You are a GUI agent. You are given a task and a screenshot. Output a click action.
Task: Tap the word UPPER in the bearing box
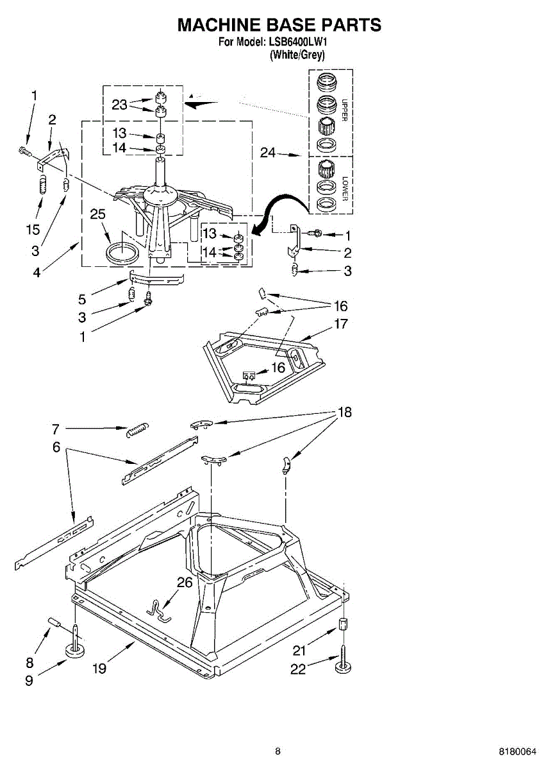coord(344,110)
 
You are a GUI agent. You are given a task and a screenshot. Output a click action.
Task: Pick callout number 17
coord(341,324)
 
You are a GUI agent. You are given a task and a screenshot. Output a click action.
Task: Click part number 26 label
coord(185,582)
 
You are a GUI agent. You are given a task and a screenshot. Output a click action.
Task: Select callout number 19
coord(98,669)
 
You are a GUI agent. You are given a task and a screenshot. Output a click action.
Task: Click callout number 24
coord(269,153)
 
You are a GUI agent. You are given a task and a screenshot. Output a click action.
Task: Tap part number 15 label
coord(33,229)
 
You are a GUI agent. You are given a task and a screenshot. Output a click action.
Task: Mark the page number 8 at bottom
coord(278,751)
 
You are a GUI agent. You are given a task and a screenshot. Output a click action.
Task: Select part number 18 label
coord(345,413)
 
